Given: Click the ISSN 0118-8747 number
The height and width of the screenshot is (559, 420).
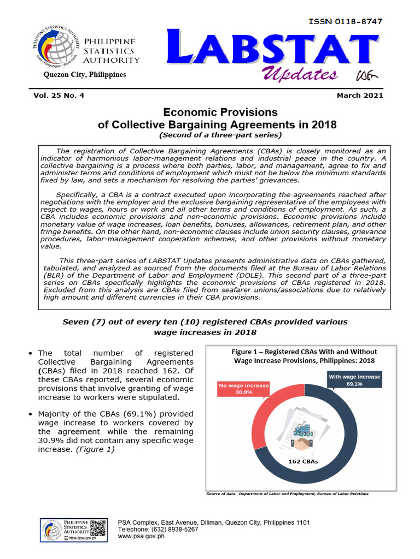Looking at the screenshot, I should point(345,21).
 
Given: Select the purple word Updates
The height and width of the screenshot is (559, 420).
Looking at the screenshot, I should point(299,75).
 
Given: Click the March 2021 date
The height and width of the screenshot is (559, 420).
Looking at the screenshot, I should point(360,96).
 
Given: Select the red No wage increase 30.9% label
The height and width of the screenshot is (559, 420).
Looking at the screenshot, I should point(243,389).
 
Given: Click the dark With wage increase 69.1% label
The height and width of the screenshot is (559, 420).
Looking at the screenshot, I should point(354,380).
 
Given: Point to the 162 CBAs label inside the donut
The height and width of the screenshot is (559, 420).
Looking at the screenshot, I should point(303,461).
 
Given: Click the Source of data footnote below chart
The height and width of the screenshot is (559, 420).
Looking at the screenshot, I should point(287,494).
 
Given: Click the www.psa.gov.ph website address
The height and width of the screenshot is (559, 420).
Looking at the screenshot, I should point(141,536).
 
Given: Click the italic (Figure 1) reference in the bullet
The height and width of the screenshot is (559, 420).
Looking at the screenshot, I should point(96,449).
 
